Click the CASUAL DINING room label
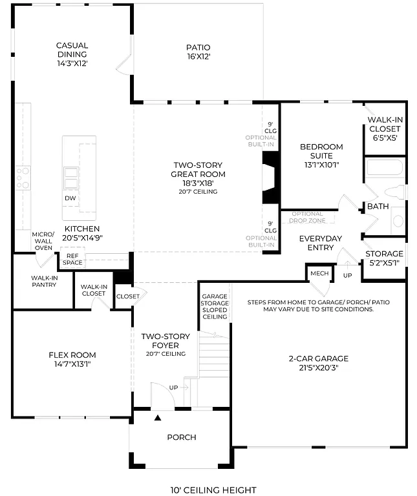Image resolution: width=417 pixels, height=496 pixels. [72, 54]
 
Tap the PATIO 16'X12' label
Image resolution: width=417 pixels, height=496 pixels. [198, 52]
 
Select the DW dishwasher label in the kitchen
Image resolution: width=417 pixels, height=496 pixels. [70, 198]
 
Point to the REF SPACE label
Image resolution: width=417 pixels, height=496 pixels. [72, 260]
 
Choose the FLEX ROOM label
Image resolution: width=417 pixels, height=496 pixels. [72, 359]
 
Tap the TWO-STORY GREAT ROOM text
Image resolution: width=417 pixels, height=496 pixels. [198, 174]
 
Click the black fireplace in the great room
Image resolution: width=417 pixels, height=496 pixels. [270, 178]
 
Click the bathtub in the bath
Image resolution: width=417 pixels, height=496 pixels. [385, 169]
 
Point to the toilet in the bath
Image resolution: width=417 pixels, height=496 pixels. [395, 192]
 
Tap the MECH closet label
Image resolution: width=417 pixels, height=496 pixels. [319, 273]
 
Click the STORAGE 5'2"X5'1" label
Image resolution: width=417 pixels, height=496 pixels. [384, 258]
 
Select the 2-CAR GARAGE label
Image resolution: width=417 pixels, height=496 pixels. [318, 363]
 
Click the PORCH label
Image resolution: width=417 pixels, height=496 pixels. [181, 437]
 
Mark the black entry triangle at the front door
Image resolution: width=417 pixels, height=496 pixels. [157, 418]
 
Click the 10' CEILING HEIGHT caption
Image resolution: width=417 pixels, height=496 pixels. [213, 490]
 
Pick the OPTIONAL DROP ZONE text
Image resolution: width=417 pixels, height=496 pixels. [306, 218]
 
